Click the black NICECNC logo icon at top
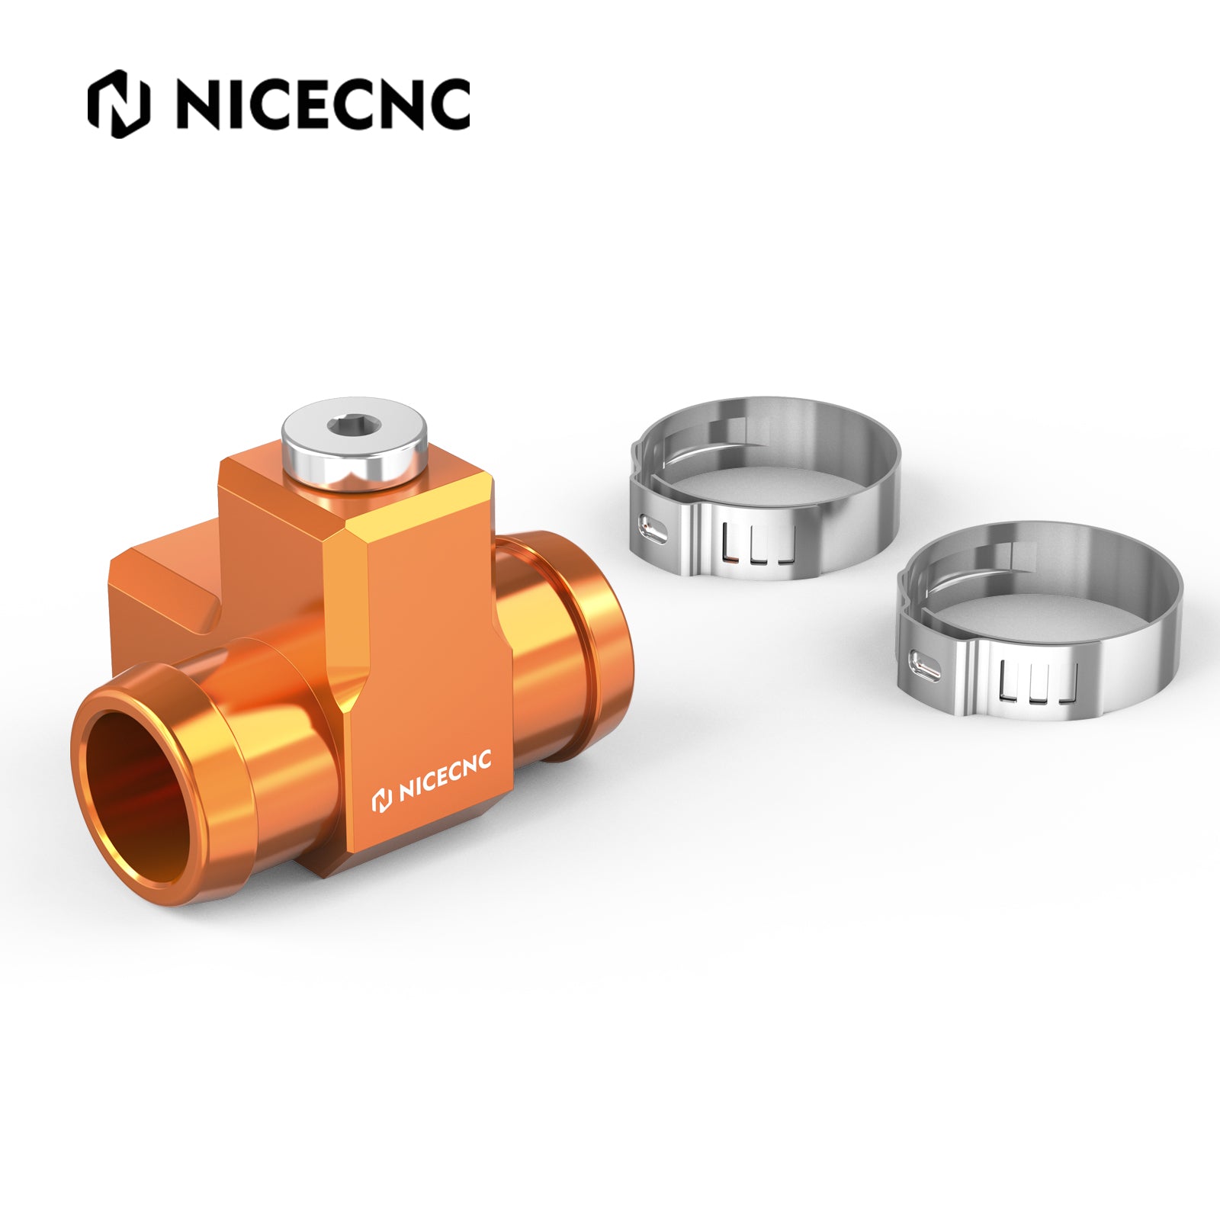point(118,104)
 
